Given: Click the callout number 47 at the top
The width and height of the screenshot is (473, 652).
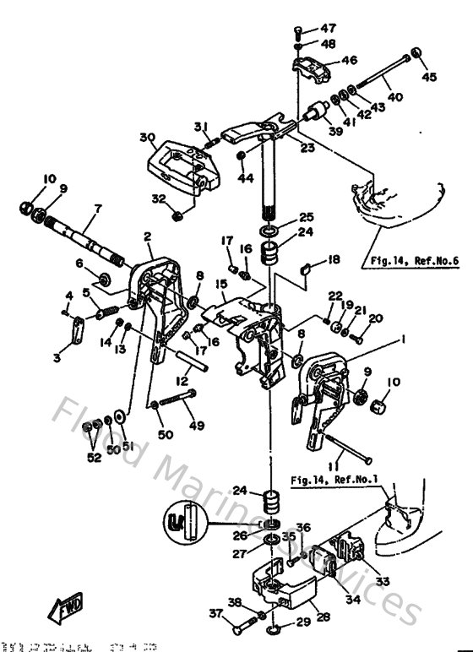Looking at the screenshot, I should coord(328,29).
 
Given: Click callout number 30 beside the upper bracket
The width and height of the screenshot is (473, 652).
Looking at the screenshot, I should coord(148,137).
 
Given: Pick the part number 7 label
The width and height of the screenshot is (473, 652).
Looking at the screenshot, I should coord(97,208).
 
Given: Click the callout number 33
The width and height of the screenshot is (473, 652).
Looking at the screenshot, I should coord(383,582).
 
